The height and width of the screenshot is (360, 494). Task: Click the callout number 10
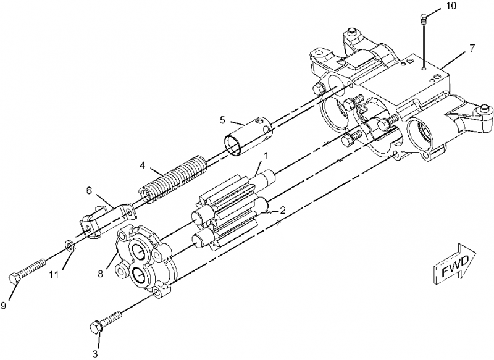(451, 6)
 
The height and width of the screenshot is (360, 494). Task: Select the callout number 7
(472, 49)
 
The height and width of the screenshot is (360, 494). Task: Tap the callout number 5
(222, 120)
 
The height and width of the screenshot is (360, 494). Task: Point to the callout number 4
(143, 165)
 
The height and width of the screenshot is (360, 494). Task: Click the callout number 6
(90, 191)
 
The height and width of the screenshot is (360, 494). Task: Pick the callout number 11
(54, 275)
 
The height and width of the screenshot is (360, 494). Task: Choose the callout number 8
(100, 274)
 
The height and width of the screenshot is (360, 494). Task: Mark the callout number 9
(4, 305)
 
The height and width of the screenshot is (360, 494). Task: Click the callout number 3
(95, 353)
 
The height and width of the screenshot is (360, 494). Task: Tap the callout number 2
(283, 210)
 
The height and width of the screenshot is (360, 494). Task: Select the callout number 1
(266, 156)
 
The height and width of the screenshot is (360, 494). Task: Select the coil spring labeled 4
(174, 178)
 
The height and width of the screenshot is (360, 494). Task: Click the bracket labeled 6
(106, 219)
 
